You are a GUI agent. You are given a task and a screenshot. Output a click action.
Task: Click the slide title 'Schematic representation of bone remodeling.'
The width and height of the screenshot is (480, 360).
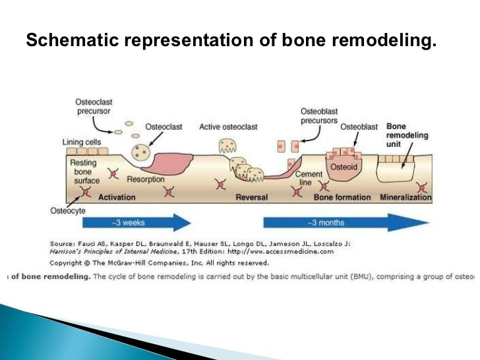tap(231, 42)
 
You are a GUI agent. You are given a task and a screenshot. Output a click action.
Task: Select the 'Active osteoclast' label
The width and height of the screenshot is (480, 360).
tap(228, 127)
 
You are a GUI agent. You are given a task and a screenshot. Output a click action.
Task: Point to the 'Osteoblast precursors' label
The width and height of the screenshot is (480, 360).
tap(319, 116)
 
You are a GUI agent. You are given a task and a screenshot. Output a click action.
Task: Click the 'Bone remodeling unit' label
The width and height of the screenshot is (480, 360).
tap(407, 135)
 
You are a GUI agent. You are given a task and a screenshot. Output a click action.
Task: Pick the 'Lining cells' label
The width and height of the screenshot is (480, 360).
tap(82, 142)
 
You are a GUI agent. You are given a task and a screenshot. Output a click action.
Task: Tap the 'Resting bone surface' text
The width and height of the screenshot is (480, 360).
tap(83, 171)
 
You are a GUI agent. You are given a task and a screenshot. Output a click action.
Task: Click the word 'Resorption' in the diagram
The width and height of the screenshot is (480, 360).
tap(144, 179)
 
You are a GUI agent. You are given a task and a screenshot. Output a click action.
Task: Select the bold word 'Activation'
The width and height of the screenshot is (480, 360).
tap(116, 197)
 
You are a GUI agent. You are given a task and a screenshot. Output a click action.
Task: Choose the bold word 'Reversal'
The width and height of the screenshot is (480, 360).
tap(253, 197)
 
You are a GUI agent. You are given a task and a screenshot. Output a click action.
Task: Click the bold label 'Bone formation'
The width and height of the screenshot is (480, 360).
tap(343, 197)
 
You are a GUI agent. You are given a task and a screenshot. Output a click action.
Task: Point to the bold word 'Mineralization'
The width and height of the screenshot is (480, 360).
tap(406, 197)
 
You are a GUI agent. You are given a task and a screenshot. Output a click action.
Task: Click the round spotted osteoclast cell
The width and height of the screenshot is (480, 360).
tap(139, 152)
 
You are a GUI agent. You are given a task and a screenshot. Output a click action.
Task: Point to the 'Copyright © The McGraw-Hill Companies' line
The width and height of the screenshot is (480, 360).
tap(151, 262)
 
